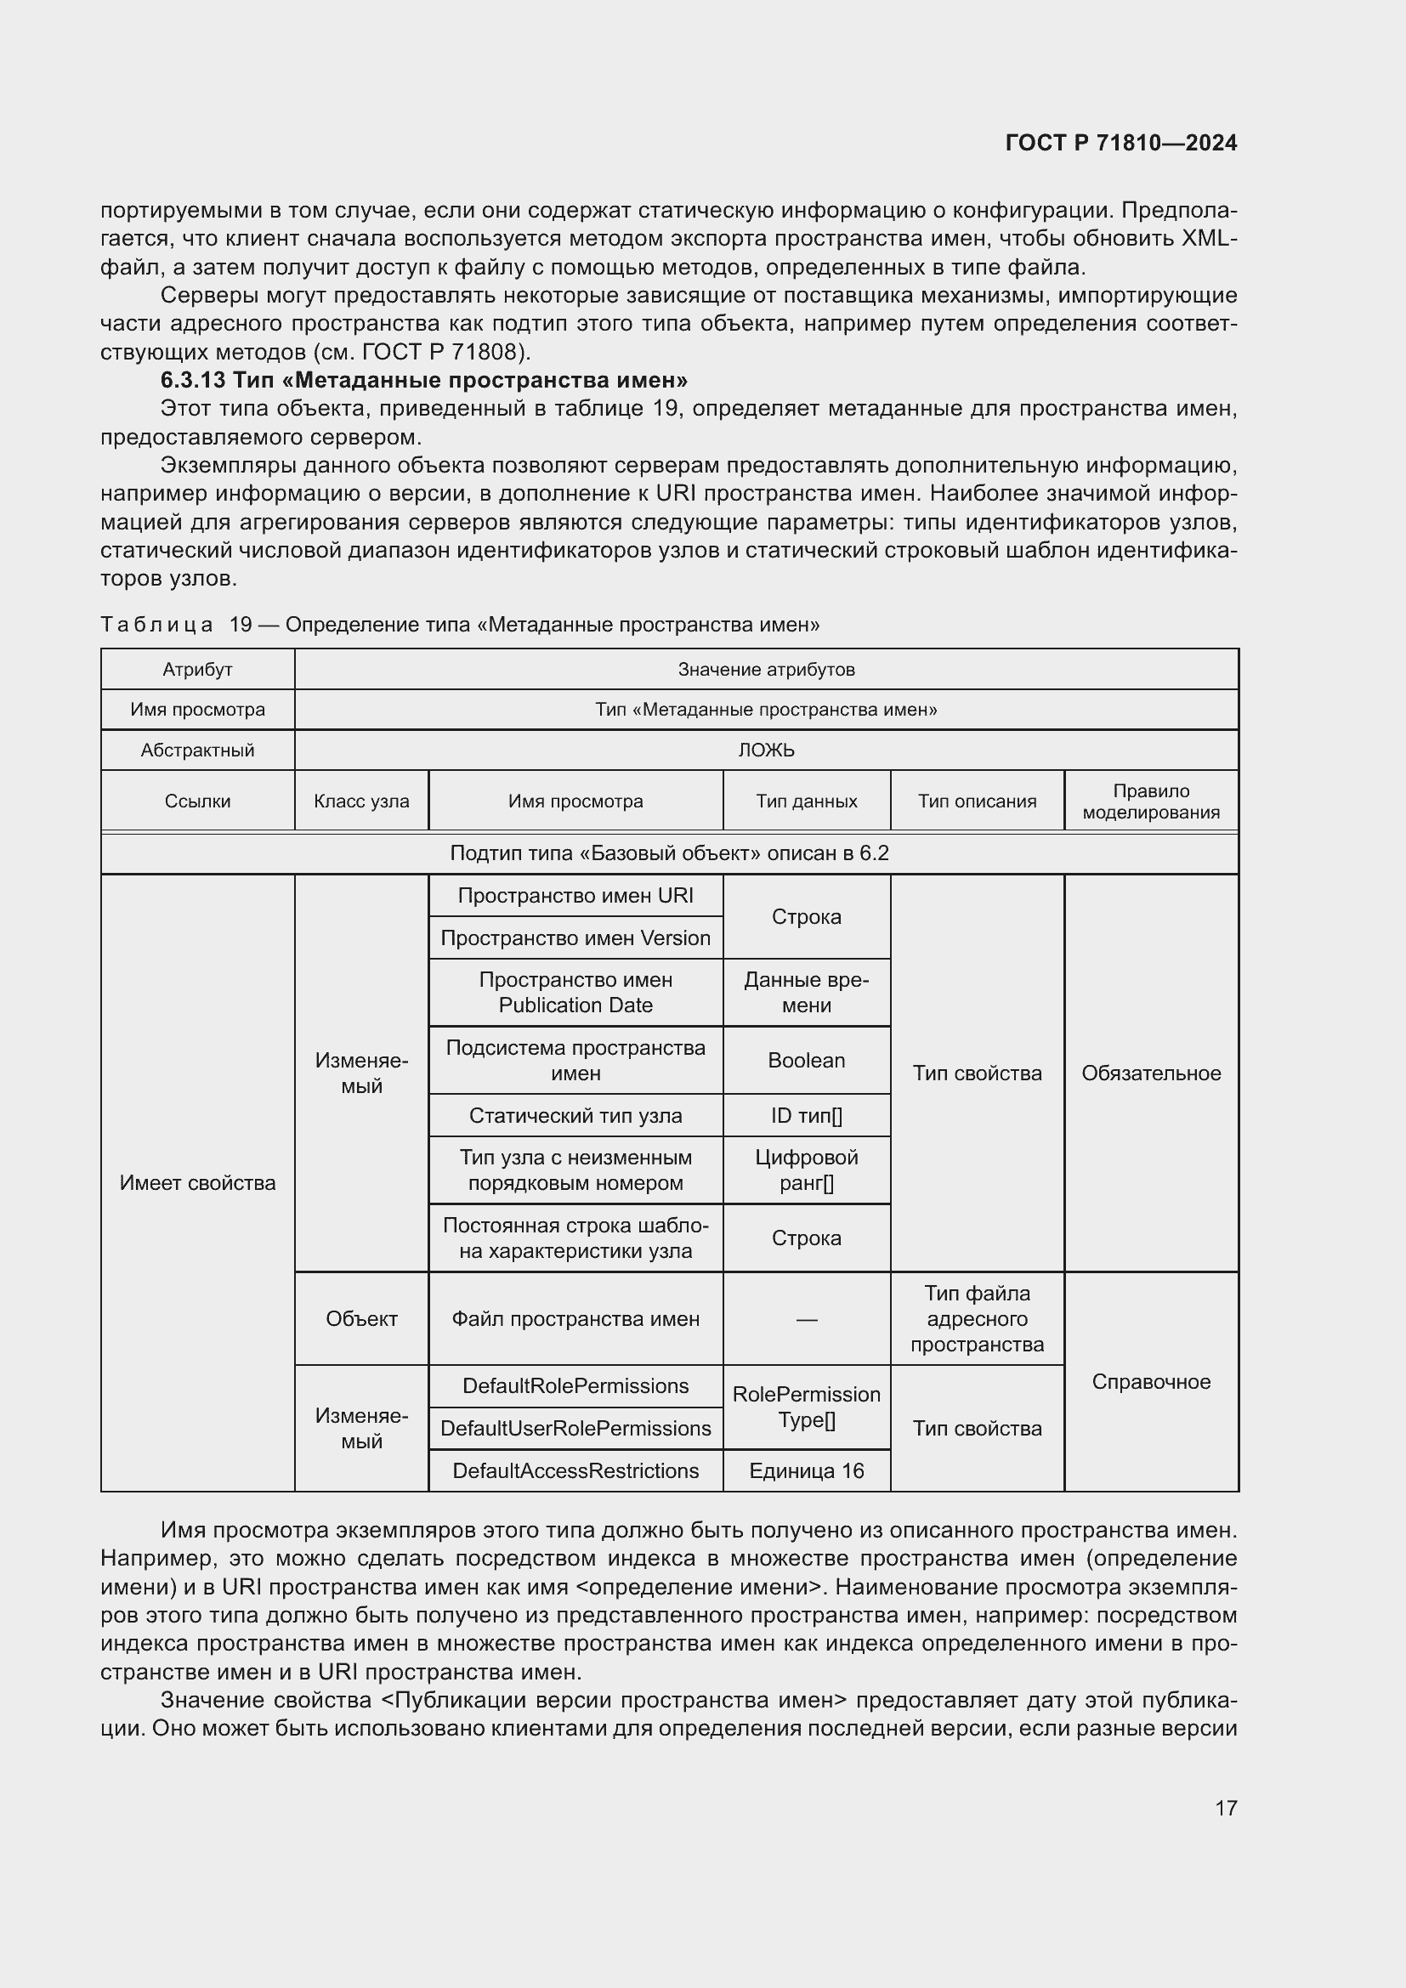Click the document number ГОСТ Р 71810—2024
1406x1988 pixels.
[1120, 143]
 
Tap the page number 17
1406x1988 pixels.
[1225, 1808]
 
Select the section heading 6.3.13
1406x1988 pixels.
[423, 380]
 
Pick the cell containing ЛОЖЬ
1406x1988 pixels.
[765, 750]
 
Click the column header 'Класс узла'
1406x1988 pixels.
[361, 801]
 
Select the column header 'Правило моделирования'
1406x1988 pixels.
[1151, 801]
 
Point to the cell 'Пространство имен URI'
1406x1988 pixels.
[575, 895]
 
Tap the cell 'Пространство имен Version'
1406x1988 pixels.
[575, 937]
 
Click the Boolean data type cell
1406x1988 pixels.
[806, 1060]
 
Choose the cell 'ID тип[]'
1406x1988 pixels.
[806, 1115]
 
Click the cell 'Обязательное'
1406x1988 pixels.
[1151, 1073]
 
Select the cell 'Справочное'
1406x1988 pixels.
[1151, 1381]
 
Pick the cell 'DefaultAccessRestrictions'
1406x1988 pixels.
[575, 1470]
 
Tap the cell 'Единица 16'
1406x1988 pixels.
[806, 1470]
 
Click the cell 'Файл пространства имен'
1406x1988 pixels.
[575, 1319]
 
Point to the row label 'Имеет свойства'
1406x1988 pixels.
[197, 1183]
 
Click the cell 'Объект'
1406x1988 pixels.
[361, 1319]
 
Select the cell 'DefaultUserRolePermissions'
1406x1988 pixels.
[575, 1428]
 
